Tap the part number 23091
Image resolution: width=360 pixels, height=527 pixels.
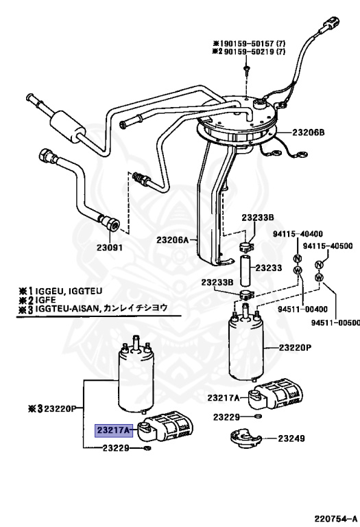coord(108,248)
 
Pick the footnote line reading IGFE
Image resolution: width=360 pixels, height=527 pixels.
coord(40,300)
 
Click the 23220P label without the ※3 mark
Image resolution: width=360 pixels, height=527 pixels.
coord(295,348)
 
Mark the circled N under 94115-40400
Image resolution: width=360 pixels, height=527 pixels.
coord(297,258)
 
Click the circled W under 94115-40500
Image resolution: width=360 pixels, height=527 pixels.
coord(318,277)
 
